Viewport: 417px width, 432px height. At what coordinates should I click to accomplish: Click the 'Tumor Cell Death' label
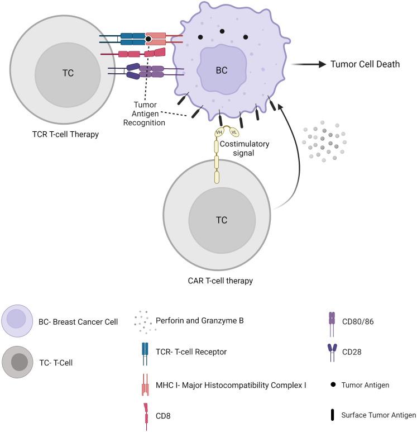[366, 64]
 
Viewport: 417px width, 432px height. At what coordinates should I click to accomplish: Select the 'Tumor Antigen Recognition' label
[149, 114]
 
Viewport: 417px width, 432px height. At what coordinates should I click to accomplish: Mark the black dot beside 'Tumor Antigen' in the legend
[333, 385]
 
